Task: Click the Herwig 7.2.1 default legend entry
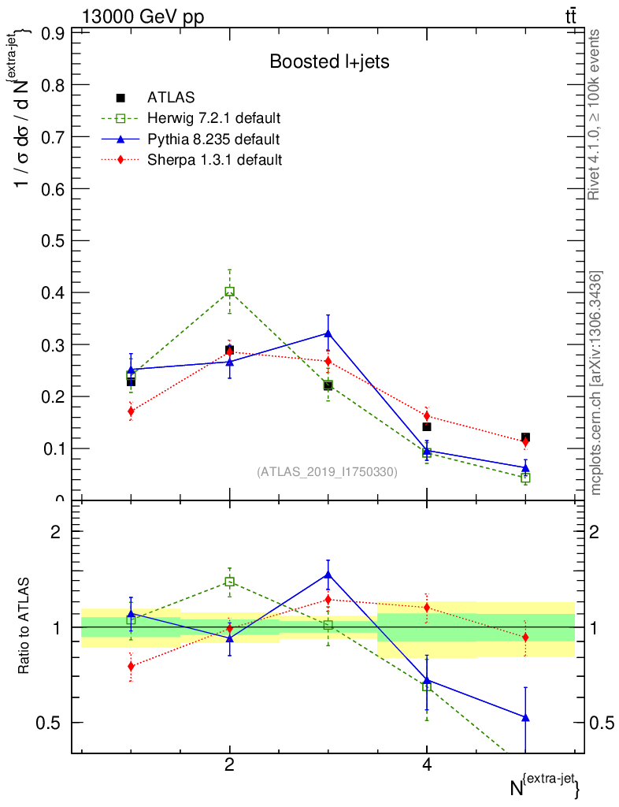(x=213, y=119)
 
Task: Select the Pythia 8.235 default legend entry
(x=213, y=139)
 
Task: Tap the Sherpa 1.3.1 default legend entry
(x=215, y=160)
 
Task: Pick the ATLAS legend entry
(x=171, y=98)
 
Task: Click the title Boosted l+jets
(x=329, y=61)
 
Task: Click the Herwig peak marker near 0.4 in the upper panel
(x=229, y=292)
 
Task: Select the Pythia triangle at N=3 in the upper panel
(x=328, y=333)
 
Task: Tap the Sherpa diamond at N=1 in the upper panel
(x=131, y=411)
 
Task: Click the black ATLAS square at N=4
(x=427, y=427)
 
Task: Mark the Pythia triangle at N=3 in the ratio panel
(x=328, y=575)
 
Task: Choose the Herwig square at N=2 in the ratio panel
(x=229, y=582)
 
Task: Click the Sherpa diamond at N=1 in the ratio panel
(x=131, y=666)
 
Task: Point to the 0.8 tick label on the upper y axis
(x=52, y=85)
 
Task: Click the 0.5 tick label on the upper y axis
(x=52, y=240)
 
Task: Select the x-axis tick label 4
(x=427, y=764)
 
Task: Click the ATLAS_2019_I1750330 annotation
(x=327, y=472)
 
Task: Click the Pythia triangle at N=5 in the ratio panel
(x=525, y=717)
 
